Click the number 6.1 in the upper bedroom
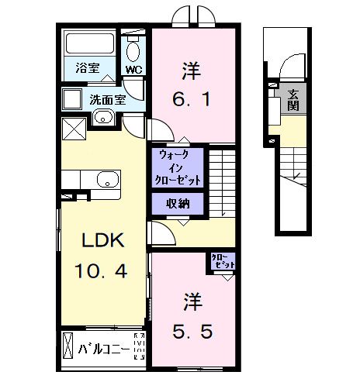point(192,99)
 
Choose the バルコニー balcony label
point(103,346)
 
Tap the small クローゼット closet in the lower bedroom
point(221,263)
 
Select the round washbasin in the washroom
point(102,119)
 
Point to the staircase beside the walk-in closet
point(223,181)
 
